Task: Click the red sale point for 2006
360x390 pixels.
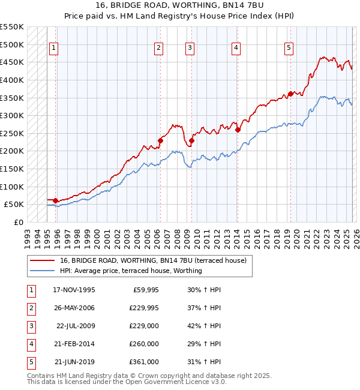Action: [x=161, y=140]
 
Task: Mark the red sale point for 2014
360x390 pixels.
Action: [x=238, y=130]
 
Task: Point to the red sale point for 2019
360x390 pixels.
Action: [x=290, y=94]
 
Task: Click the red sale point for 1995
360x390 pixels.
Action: [x=56, y=200]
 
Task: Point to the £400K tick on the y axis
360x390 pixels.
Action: [x=12, y=80]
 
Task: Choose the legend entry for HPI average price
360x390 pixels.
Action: [x=130, y=271]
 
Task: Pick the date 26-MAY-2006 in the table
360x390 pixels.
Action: [x=74, y=308]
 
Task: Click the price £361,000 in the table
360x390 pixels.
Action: [x=143, y=362]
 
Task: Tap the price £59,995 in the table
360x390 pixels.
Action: [x=143, y=290]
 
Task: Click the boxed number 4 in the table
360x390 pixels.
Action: [x=31, y=344]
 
